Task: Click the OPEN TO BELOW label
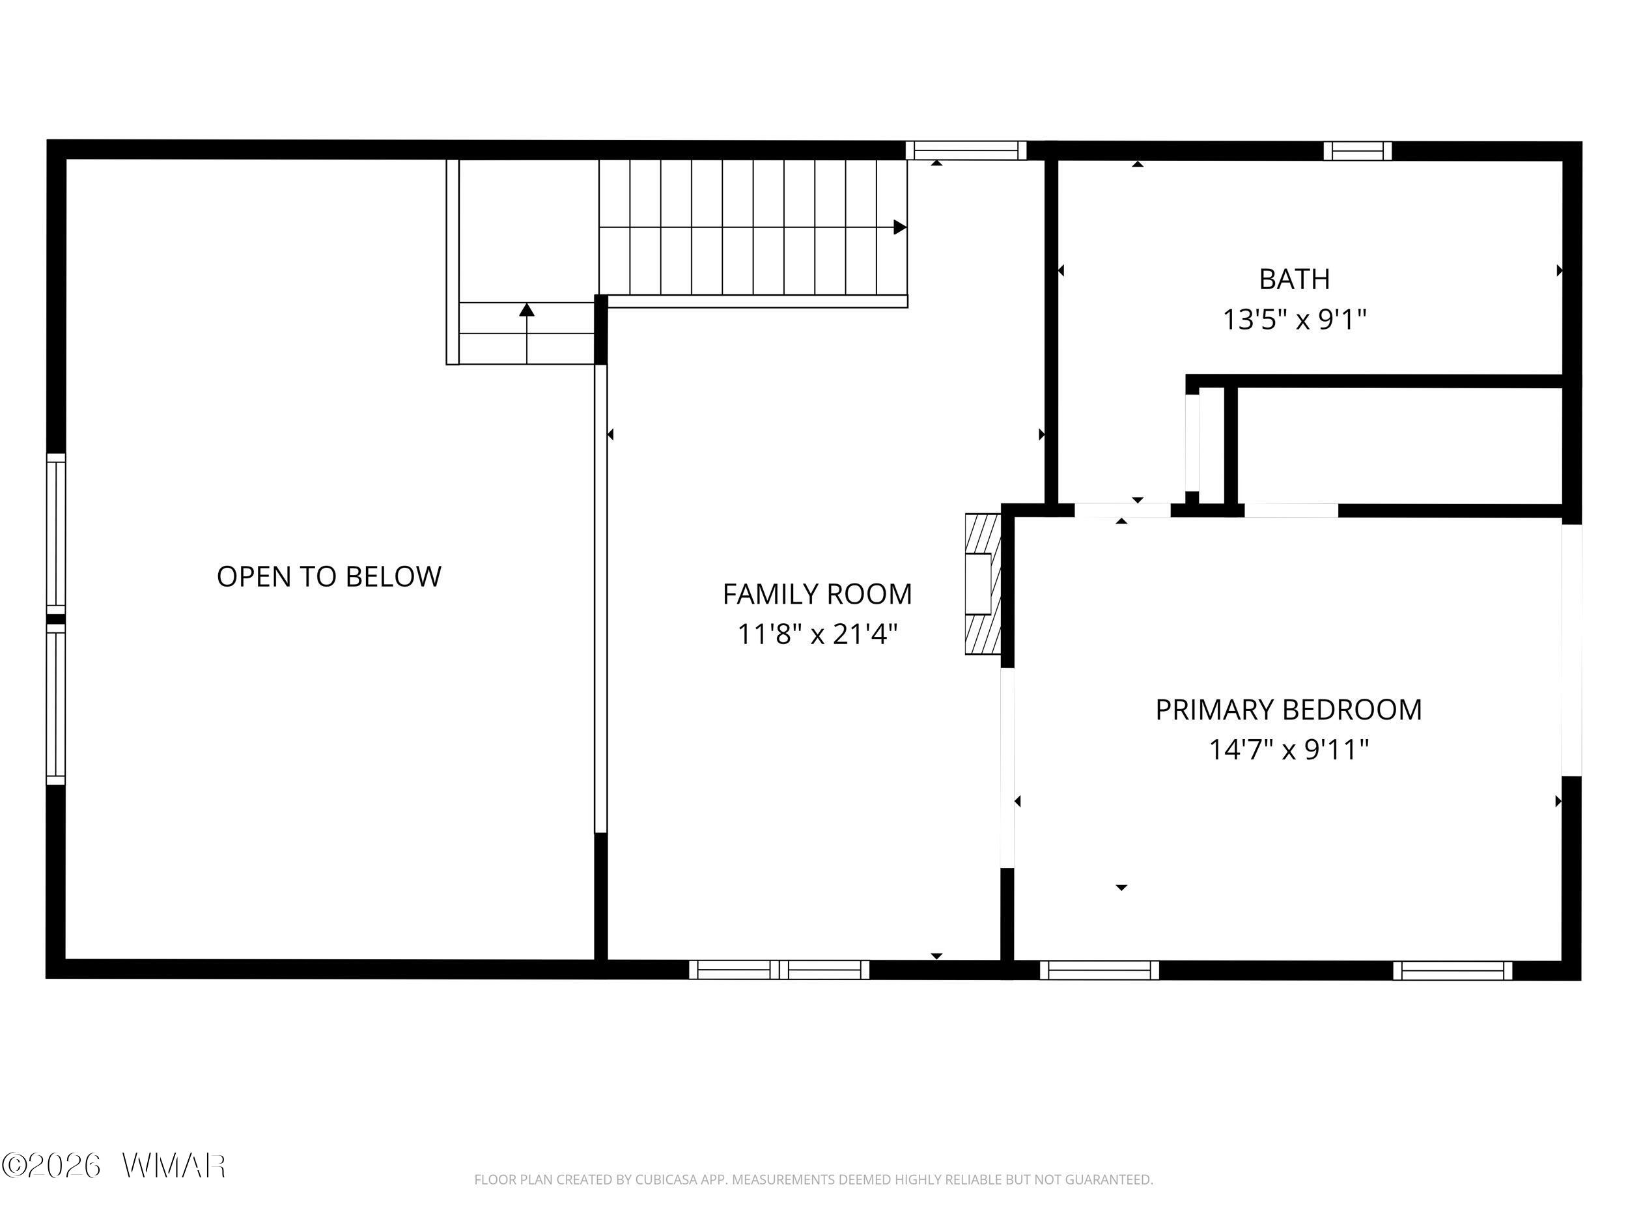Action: point(329,576)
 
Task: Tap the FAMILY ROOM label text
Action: point(817,594)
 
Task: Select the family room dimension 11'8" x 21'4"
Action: point(817,633)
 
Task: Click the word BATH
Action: point(1295,279)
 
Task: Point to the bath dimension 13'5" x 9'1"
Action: point(1295,320)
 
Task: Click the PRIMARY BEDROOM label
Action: point(1289,710)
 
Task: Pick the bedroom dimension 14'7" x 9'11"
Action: point(1289,750)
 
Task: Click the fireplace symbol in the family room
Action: point(983,583)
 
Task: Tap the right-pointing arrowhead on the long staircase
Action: point(899,227)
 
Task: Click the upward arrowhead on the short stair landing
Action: point(526,310)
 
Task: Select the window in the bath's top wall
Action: point(1357,151)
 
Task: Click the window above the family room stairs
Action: point(966,151)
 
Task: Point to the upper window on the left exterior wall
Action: point(57,533)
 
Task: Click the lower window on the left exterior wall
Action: point(57,705)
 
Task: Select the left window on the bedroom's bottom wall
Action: point(1100,970)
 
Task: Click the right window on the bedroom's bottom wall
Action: point(1452,971)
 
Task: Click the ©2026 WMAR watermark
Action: point(114,1165)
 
